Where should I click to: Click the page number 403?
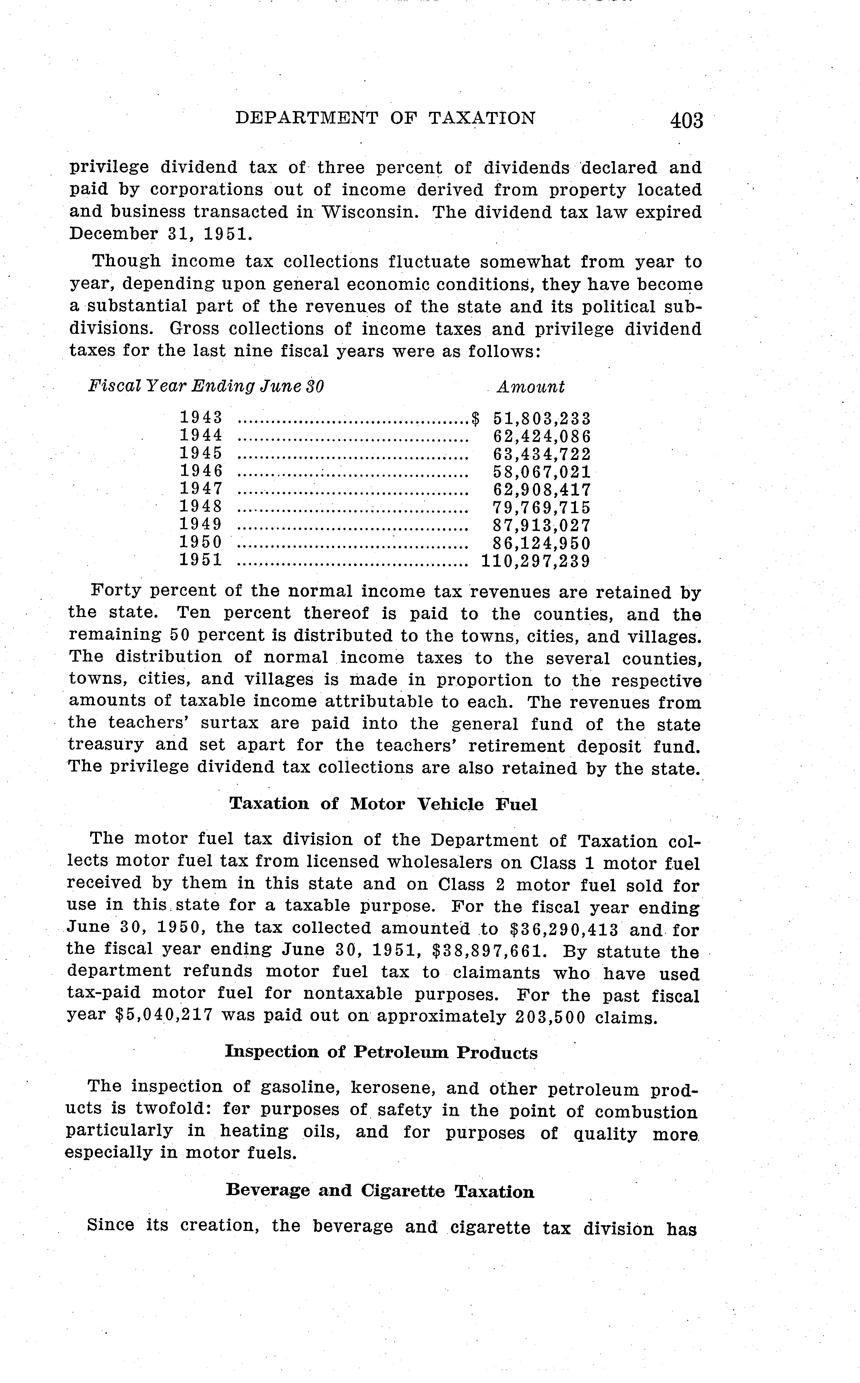[687, 121]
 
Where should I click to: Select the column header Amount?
[531, 387]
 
